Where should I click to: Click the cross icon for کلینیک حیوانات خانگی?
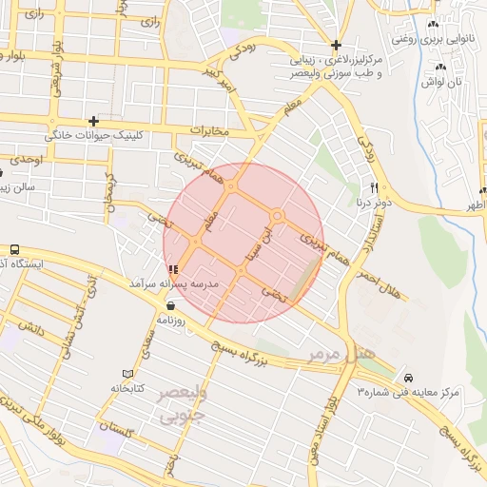(x=93, y=121)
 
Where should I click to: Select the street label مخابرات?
(x=210, y=128)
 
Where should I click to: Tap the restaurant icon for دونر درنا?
(x=374, y=186)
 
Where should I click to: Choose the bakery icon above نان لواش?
(x=440, y=67)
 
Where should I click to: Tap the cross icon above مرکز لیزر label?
(x=336, y=45)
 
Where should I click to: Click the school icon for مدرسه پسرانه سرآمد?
(x=171, y=269)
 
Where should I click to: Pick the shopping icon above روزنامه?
(x=170, y=306)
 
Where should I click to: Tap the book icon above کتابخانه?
(x=128, y=373)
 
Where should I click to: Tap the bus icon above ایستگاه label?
(x=14, y=249)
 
